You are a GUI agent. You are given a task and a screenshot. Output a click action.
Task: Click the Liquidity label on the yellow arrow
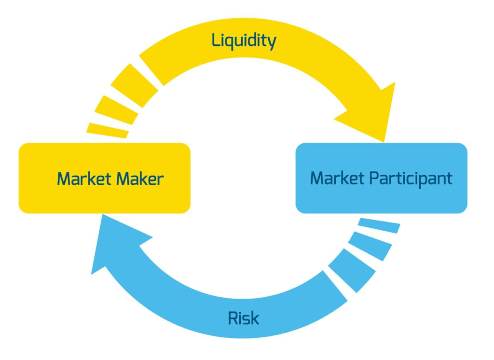(x=244, y=41)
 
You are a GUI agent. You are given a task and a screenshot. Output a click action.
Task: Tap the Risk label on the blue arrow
(x=243, y=318)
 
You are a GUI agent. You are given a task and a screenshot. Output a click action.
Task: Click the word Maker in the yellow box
(x=140, y=179)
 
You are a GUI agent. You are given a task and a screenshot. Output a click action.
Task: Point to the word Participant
(x=411, y=179)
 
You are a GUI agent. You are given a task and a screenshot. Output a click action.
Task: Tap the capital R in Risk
(x=232, y=318)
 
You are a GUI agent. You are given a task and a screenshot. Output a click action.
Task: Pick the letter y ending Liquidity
(x=272, y=43)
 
